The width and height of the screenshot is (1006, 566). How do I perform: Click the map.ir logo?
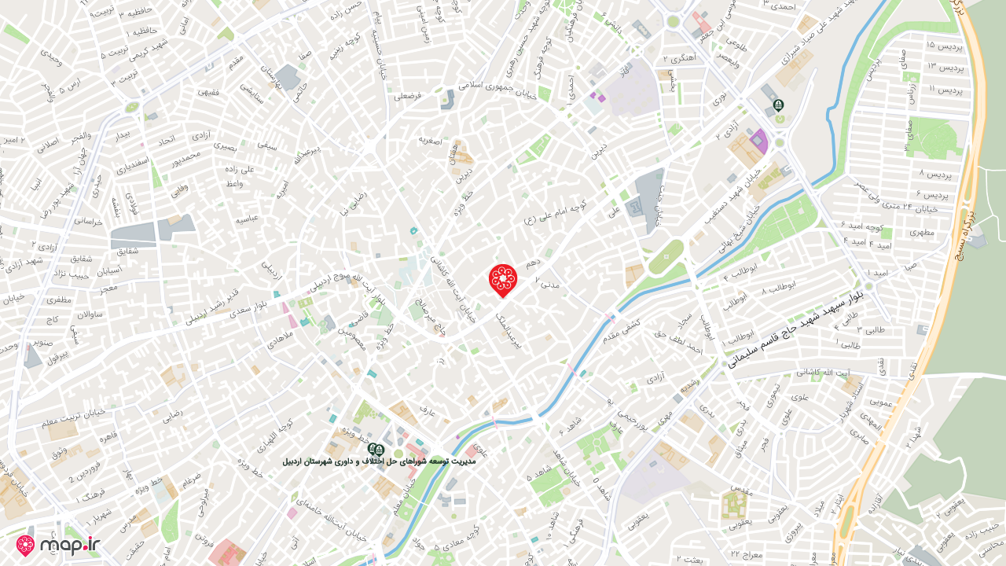coord(59,546)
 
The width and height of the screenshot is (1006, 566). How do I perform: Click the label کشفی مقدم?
coord(622,329)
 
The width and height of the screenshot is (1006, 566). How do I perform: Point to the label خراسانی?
coord(88,222)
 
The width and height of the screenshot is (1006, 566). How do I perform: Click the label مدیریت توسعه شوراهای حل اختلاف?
coord(380,460)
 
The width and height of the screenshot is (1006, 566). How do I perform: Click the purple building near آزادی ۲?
coord(758,142)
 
